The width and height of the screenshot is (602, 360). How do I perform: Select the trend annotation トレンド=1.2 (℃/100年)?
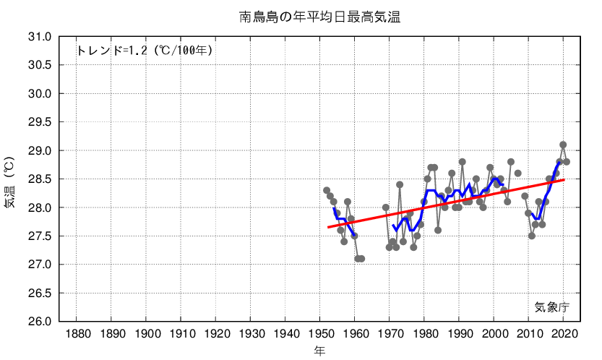click(144, 51)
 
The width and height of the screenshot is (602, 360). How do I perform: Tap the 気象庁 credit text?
click(552, 307)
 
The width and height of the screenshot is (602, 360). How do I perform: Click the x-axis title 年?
click(319, 351)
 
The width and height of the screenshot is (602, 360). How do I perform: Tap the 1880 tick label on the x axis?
click(77, 334)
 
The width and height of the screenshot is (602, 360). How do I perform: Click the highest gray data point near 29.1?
click(563, 145)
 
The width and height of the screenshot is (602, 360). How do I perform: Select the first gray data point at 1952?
click(327, 190)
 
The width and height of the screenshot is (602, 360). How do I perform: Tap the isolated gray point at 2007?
click(518, 173)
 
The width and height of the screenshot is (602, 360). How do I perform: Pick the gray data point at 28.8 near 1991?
click(463, 162)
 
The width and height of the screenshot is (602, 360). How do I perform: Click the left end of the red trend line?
click(327, 228)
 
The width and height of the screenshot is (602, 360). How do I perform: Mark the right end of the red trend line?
click(564, 180)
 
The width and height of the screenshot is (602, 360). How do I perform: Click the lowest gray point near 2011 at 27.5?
click(532, 236)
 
